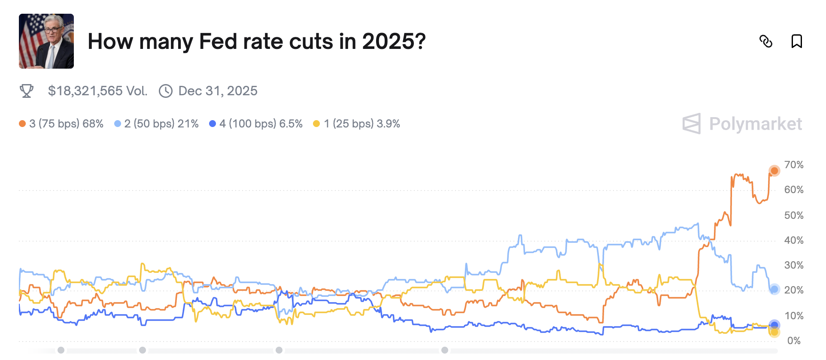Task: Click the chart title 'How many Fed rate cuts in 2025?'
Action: tap(256, 42)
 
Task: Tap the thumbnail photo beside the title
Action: tap(46, 41)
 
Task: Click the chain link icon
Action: tap(766, 41)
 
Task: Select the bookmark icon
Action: tap(796, 41)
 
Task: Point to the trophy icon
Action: tap(27, 91)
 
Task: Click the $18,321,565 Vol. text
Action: tap(97, 91)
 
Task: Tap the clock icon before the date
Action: tap(166, 91)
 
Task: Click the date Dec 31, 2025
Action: tap(218, 91)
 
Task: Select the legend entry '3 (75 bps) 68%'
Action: tap(61, 124)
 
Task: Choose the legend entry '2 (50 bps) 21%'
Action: tap(157, 124)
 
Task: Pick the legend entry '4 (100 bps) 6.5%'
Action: tap(256, 124)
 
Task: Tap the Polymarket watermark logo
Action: tap(742, 124)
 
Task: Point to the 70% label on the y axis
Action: tap(793, 165)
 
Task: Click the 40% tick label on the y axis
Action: tap(793, 240)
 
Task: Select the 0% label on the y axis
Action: tap(793, 341)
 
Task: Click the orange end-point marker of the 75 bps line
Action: tap(774, 171)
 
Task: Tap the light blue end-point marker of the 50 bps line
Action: tap(774, 289)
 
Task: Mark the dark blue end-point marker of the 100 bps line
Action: tap(774, 325)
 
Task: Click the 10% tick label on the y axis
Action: tap(793, 316)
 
